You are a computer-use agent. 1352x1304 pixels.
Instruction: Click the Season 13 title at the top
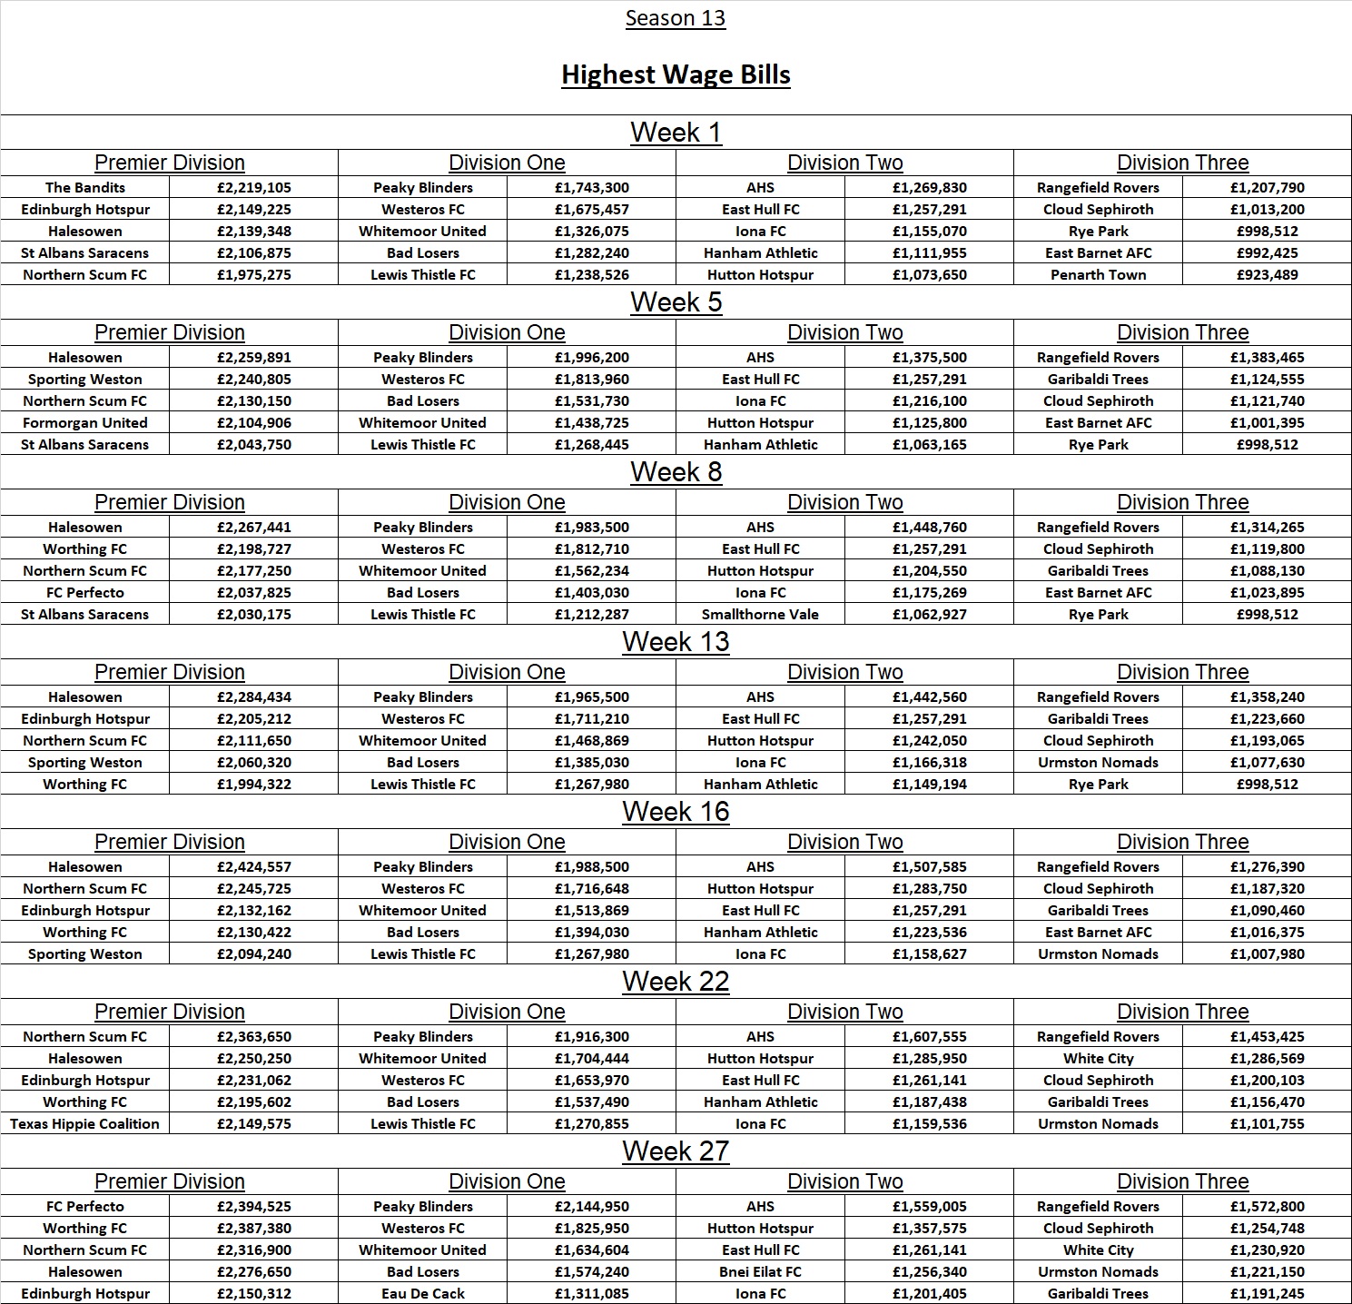[676, 18]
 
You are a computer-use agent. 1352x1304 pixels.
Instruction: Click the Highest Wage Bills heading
[676, 74]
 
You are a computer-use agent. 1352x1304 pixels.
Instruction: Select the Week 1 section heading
[676, 133]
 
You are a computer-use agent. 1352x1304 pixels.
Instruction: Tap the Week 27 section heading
[676, 1151]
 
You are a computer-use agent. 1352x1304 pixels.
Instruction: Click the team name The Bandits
[85, 188]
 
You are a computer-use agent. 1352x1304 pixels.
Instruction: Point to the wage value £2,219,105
[254, 188]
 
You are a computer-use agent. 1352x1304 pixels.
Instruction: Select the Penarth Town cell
[1099, 275]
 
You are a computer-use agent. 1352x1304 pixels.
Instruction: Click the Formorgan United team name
[85, 423]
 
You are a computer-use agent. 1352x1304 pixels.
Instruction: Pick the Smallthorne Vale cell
[760, 615]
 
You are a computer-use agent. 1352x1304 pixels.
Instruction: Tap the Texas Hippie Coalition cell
[85, 1124]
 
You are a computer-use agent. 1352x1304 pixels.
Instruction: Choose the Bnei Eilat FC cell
[760, 1272]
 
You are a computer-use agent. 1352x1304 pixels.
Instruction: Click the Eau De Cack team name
[423, 1294]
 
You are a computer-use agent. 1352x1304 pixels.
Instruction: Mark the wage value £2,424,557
[254, 867]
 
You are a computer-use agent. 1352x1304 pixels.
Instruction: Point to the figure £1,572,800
[1268, 1207]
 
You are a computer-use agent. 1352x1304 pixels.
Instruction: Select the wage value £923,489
[1268, 275]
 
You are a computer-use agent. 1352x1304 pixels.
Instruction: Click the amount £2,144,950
[592, 1207]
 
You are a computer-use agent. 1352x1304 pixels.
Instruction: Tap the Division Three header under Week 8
[1182, 502]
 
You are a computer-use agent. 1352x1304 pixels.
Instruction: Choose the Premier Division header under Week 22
[170, 1012]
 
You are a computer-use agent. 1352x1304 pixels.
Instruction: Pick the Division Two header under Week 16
[844, 842]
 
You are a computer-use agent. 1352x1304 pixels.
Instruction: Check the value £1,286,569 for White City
[1268, 1059]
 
